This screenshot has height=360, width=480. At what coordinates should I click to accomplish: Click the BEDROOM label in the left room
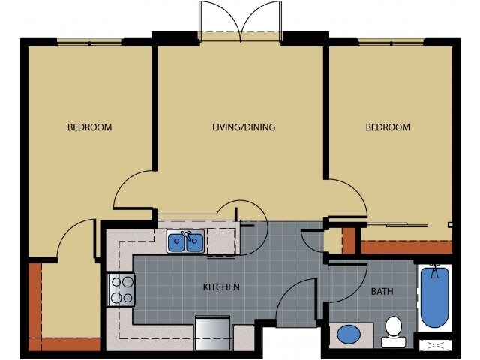click(89, 127)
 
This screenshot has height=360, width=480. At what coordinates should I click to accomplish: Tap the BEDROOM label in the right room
click(388, 127)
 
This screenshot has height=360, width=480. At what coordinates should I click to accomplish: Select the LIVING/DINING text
click(243, 127)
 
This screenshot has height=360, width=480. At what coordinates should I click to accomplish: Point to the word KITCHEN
click(221, 287)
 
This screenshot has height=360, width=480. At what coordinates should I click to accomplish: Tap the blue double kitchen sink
click(185, 242)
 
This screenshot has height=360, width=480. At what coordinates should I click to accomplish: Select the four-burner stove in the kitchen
click(122, 289)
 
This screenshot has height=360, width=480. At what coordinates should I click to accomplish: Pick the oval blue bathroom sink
click(349, 334)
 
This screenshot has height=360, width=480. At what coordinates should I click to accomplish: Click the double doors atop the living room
click(240, 21)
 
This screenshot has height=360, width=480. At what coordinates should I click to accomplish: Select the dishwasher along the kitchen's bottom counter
click(213, 333)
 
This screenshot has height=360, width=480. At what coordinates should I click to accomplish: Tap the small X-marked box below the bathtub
click(435, 346)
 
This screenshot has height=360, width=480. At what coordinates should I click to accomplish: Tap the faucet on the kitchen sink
click(185, 234)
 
